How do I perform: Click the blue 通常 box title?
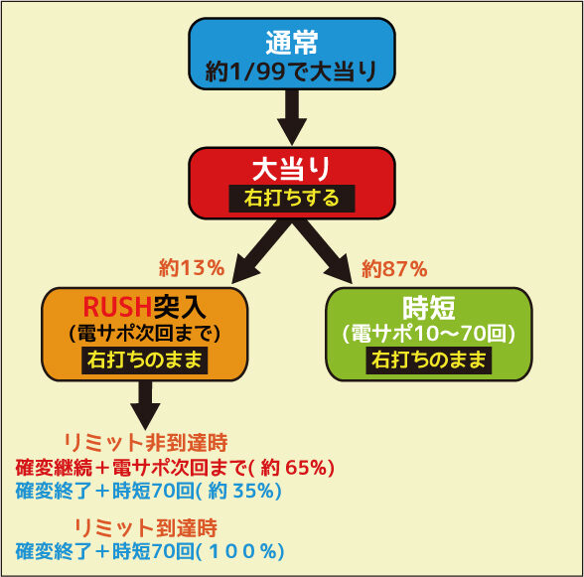point(292,42)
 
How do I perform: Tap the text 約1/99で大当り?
point(291,72)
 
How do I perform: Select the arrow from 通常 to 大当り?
point(292,117)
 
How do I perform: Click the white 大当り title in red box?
point(292,169)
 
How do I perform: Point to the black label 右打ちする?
point(292,199)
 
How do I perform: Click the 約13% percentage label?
point(192,268)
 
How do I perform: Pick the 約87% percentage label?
point(394,268)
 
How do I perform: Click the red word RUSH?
point(117,307)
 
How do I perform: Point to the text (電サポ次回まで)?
point(145,334)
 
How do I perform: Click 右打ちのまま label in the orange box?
point(145,361)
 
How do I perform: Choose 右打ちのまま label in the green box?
point(429,361)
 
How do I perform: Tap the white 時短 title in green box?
point(429,308)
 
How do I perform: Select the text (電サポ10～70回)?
point(429,334)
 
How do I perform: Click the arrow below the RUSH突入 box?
point(145,405)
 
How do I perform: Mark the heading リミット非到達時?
point(146,443)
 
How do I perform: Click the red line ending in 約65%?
point(175,468)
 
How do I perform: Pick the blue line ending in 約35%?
point(149,491)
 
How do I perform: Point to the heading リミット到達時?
point(146,527)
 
